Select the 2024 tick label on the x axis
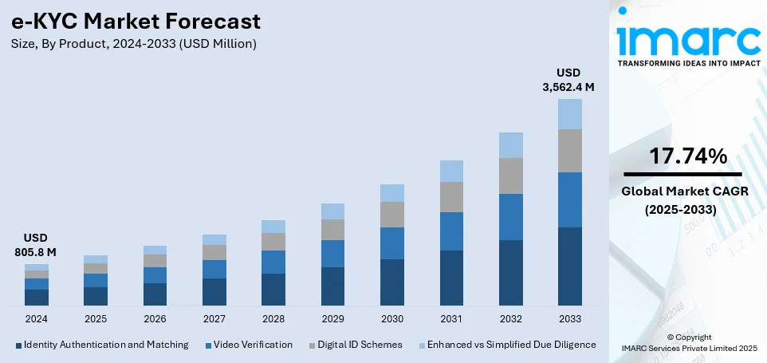tap(37, 318)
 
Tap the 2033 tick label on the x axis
tap(569, 318)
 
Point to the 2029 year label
tap(332, 318)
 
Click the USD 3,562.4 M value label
tap(569, 80)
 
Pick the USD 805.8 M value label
tap(37, 245)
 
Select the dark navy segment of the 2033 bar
tap(569, 266)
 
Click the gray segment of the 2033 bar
tap(569, 151)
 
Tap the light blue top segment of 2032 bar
tap(510, 145)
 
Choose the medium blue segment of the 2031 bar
tap(451, 231)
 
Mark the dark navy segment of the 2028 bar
tap(273, 289)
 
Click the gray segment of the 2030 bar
tap(391, 215)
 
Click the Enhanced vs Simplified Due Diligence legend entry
tap(511, 345)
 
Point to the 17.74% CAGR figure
tap(686, 156)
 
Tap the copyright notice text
tap(689, 343)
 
